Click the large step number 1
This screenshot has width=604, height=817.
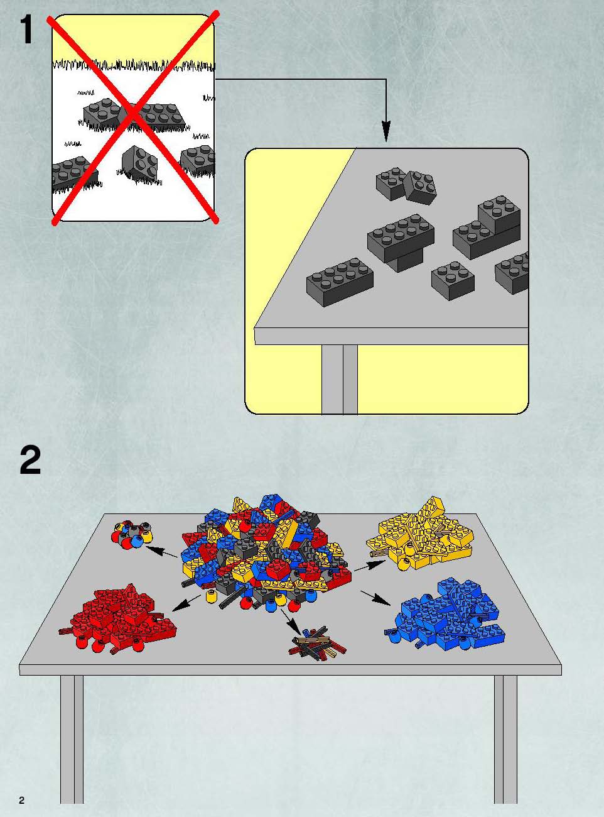pyautogui.click(x=26, y=30)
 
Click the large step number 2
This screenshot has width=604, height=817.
pyautogui.click(x=30, y=461)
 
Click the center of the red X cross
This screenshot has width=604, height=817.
pyautogui.click(x=133, y=117)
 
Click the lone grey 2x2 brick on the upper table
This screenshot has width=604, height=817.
pyautogui.click(x=453, y=281)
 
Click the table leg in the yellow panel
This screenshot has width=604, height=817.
pyautogui.click(x=340, y=380)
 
